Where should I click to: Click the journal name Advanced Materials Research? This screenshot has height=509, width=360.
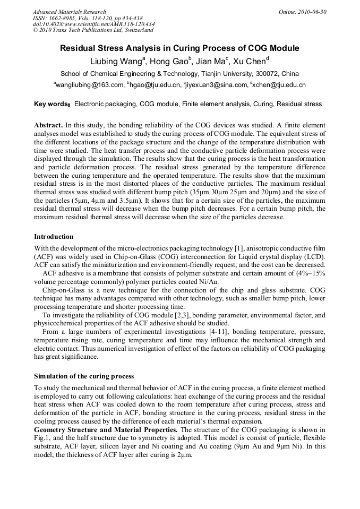[70, 12]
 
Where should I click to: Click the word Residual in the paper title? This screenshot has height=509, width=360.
[80, 48]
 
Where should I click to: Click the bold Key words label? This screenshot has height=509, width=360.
[52, 104]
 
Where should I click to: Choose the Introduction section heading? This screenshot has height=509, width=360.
[54, 236]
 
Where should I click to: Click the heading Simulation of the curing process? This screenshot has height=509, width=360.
[84, 376]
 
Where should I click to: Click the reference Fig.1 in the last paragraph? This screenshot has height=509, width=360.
[42, 438]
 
